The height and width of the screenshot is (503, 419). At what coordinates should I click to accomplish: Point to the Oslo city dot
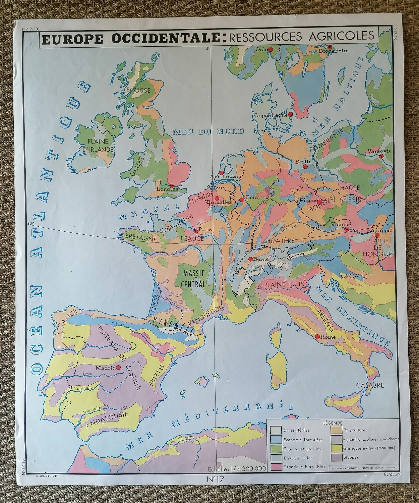[x=272, y=49]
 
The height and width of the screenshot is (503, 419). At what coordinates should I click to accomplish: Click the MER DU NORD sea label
[x=208, y=131]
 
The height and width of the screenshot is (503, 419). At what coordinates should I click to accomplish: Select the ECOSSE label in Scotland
[x=138, y=90]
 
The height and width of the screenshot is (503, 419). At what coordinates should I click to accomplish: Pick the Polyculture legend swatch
[x=336, y=430]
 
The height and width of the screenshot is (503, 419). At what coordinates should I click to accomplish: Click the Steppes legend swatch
[x=336, y=457]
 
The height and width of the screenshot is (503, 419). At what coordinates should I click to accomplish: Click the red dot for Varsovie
[x=381, y=156]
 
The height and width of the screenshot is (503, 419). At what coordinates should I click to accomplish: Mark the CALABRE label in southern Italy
[x=370, y=385]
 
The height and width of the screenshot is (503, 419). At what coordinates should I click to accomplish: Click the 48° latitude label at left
[x=31, y=223]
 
